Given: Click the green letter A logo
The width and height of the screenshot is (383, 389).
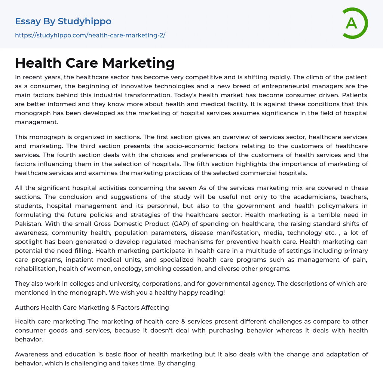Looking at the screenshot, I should click(x=354, y=23).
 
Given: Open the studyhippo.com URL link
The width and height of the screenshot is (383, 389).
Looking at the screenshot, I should click(x=90, y=35).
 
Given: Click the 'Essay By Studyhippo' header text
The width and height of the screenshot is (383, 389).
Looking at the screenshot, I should click(x=63, y=21).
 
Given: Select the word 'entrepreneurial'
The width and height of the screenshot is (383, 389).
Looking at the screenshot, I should click(x=264, y=87).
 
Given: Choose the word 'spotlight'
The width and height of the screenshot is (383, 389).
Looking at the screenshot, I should click(x=29, y=242).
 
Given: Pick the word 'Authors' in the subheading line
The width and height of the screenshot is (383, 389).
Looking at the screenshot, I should click(x=27, y=307).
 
